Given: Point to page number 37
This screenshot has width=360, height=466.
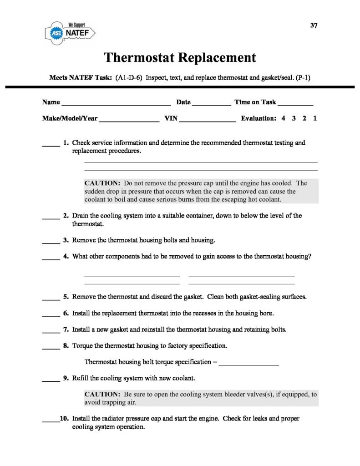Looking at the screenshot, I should click(x=314, y=25).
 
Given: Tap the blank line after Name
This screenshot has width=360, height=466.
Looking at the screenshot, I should click(x=116, y=103).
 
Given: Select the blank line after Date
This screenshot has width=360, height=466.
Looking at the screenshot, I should click(x=212, y=103).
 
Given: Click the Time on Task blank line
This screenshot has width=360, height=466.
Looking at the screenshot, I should click(x=295, y=103).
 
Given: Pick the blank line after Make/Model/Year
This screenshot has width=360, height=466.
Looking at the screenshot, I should click(x=129, y=120).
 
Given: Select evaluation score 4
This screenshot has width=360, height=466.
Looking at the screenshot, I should click(x=283, y=118).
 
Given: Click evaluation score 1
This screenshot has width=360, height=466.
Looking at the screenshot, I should click(x=315, y=118).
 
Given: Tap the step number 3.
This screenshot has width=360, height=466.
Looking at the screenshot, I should click(x=66, y=240).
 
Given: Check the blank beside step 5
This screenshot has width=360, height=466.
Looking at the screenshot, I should click(x=51, y=299).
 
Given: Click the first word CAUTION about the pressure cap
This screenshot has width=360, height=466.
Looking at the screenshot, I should click(x=102, y=183).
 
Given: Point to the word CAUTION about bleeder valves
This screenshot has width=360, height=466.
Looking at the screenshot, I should click(x=102, y=395).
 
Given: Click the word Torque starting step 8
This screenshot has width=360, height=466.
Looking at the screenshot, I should click(x=82, y=346).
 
